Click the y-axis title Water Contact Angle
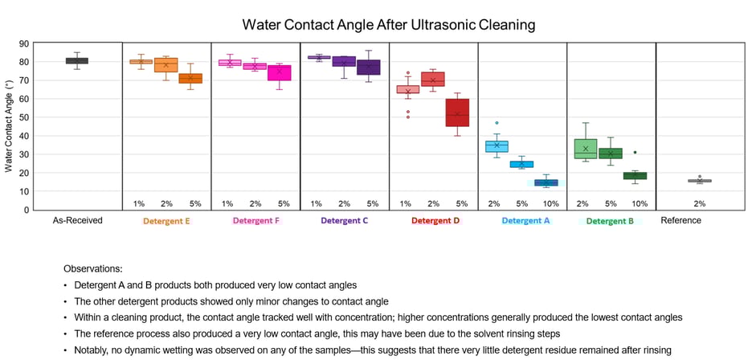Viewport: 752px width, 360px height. point(10,127)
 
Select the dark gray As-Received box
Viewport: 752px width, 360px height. point(77,60)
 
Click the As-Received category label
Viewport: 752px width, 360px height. point(77,220)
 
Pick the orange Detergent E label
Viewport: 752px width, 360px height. point(166,220)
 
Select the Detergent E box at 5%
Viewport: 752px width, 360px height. point(190,79)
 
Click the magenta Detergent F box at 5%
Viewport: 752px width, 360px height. point(279,73)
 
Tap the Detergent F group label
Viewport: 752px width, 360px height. point(255,220)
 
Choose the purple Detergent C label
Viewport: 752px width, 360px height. point(345,220)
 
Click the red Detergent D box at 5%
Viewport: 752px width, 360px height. point(457,112)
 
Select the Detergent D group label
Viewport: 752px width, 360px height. point(435,220)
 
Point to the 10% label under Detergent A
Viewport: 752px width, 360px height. point(550,204)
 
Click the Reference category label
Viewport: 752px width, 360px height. point(680,220)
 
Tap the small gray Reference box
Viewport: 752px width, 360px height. point(699,181)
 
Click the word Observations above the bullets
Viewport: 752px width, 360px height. point(92,269)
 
